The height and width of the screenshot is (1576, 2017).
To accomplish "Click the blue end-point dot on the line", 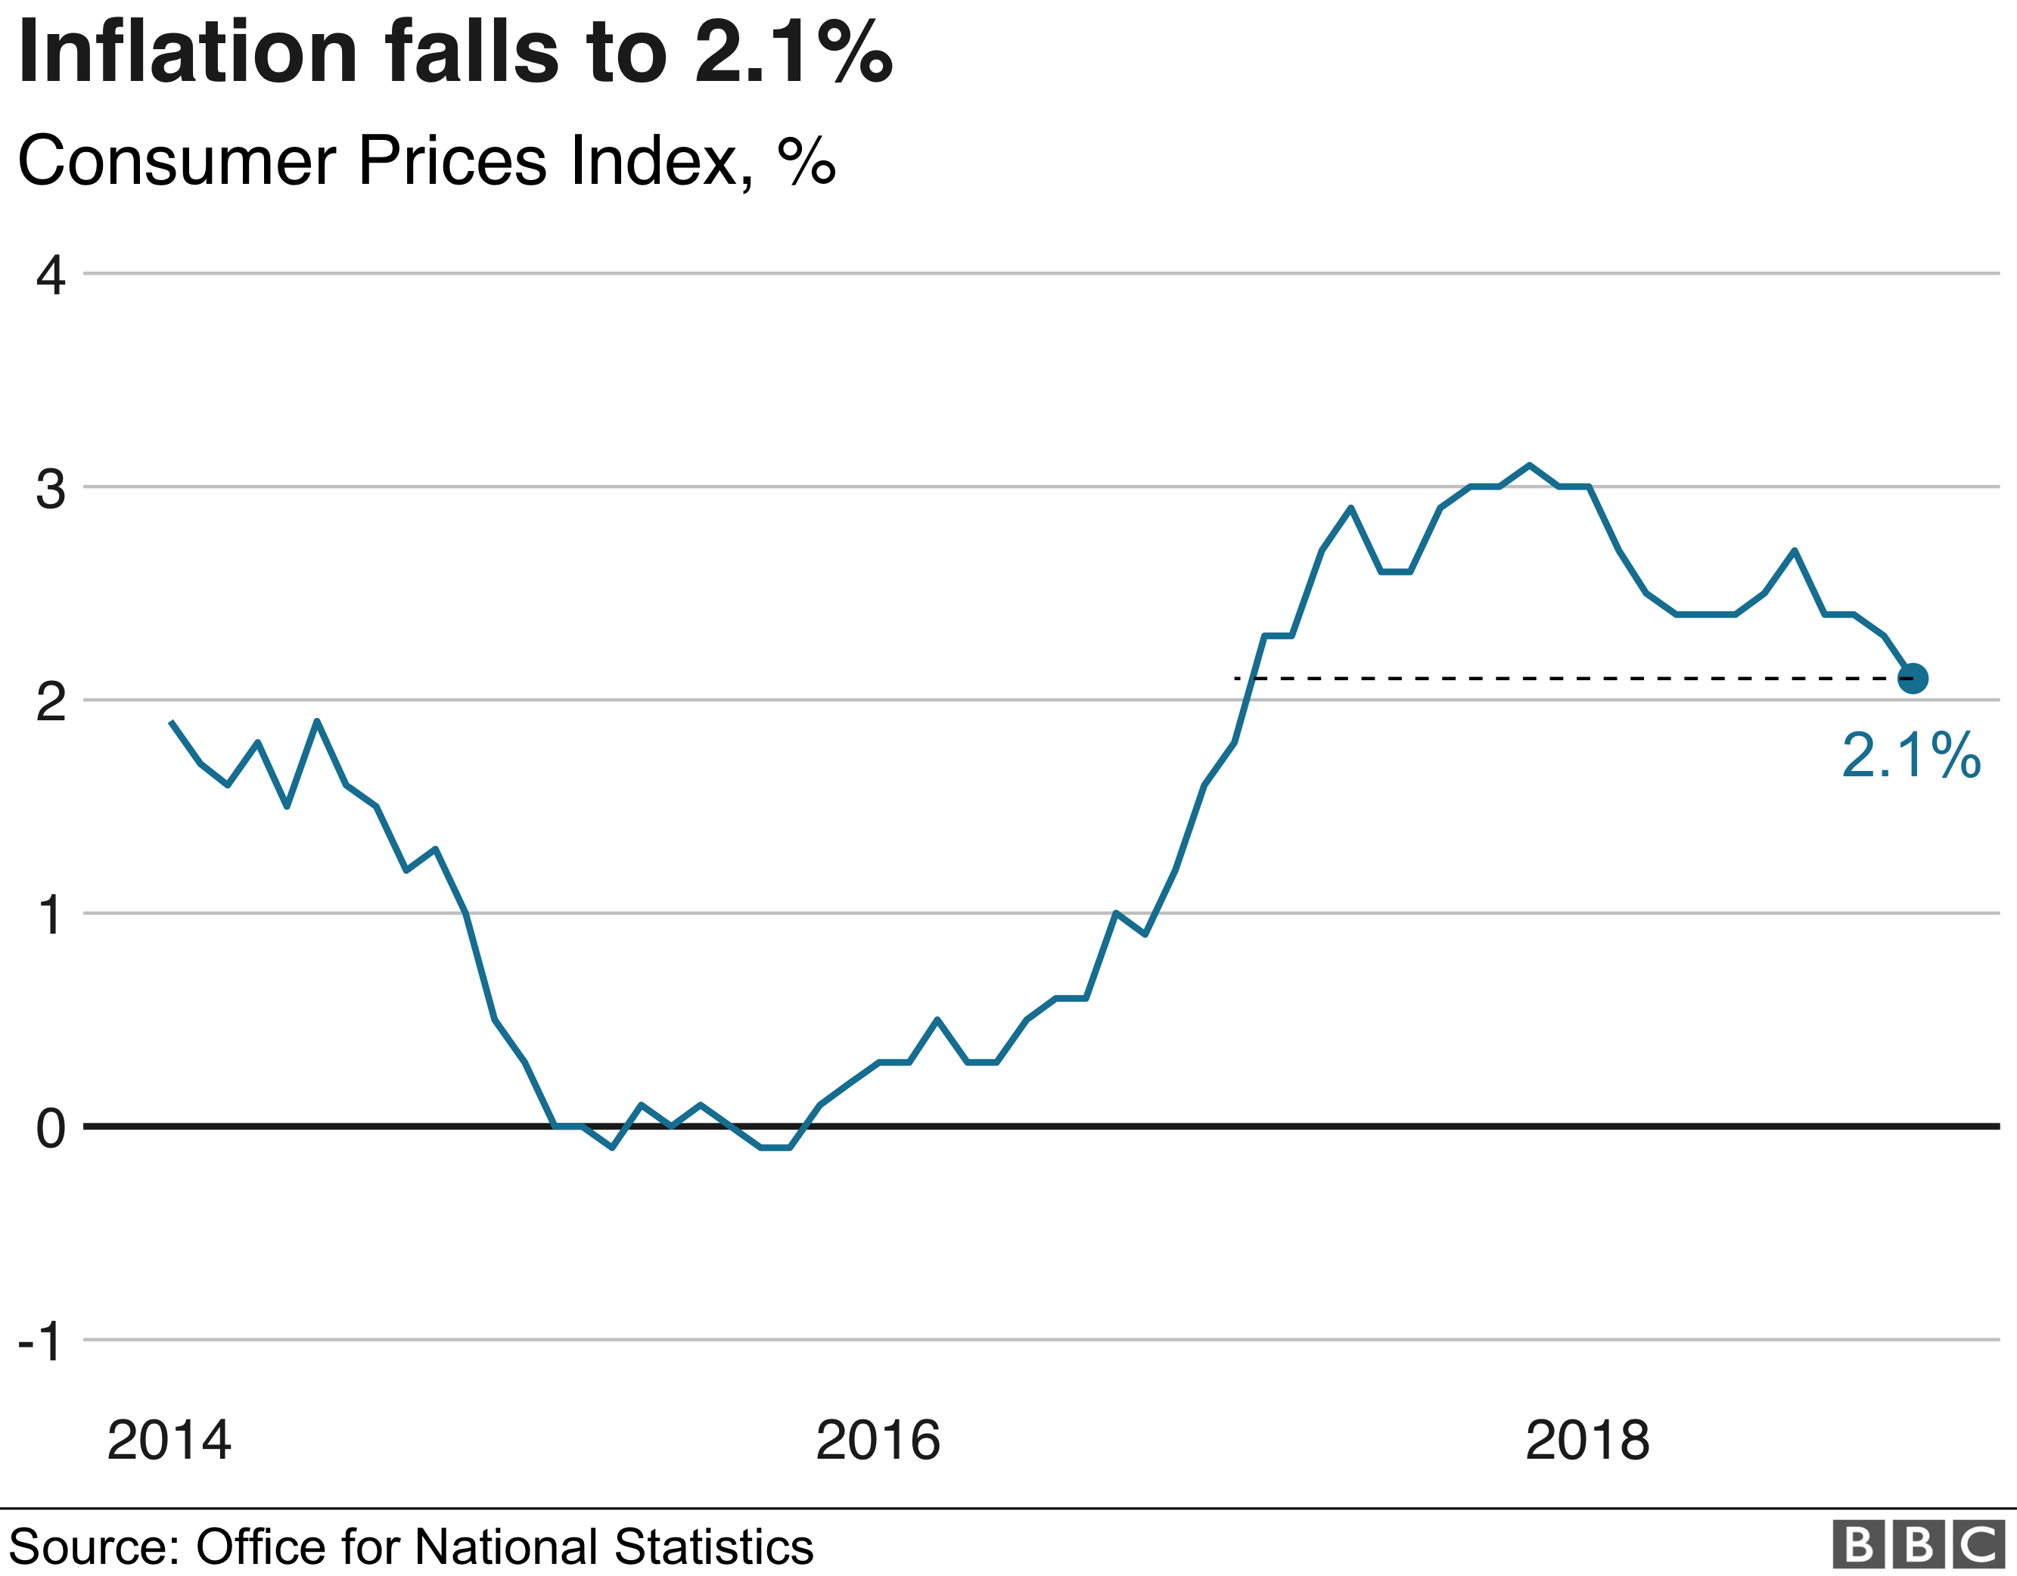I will pos(1912,678).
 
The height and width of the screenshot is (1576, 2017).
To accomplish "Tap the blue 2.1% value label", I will pos(1910,756).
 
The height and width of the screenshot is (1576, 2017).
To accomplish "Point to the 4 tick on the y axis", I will pos(51,275).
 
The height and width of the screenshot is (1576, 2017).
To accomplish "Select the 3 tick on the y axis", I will pos(51,489).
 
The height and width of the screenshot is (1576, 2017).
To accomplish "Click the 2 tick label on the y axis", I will pos(51,702).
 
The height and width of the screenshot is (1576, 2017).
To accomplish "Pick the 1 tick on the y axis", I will pos(51,915).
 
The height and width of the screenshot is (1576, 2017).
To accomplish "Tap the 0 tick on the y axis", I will pos(51,1129).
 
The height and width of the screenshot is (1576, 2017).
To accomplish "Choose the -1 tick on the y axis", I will pos(41,1341).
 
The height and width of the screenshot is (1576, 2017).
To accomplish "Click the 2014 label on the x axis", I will pos(168,1441).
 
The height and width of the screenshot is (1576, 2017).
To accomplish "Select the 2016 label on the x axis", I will pos(878,1441).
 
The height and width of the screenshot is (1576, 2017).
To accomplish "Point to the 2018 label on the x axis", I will pos(1587,1441).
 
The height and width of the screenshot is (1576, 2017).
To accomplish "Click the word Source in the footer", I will pos(92,1546).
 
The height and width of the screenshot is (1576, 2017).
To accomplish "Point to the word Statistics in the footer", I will pos(712,1546).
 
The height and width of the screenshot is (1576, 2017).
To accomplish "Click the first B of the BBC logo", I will pos(1857,1543).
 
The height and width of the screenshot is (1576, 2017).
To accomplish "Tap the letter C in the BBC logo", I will pos(1979,1543).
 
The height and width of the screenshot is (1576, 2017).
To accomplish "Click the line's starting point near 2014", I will pos(172,723).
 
